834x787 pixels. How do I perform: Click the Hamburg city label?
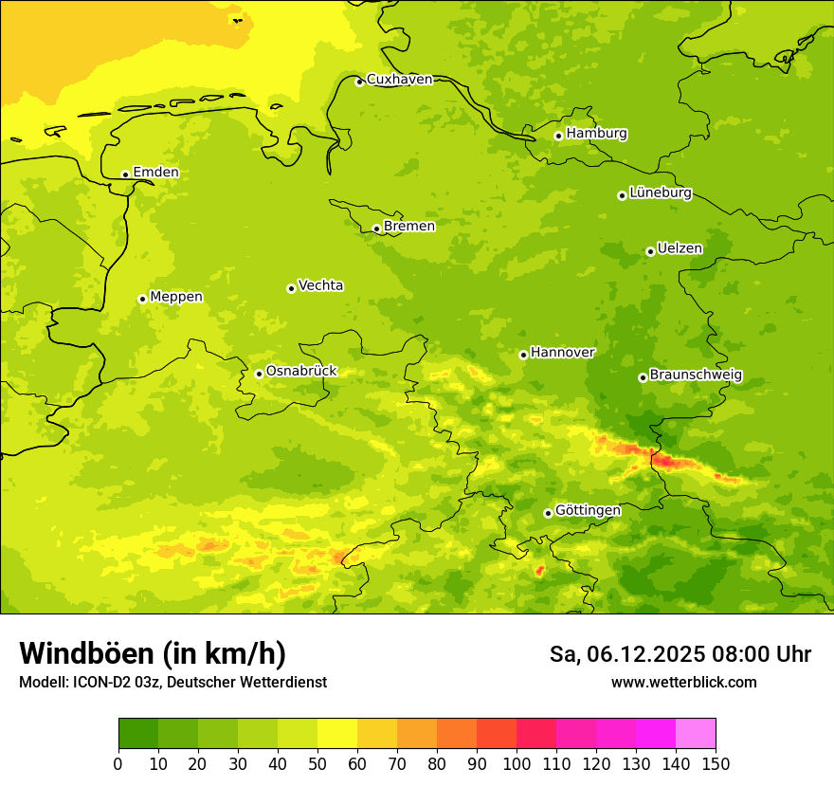click(x=596, y=134)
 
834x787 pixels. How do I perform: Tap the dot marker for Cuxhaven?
click(x=359, y=82)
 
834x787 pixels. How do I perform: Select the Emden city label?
click(x=155, y=173)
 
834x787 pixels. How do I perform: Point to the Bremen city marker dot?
click(x=376, y=229)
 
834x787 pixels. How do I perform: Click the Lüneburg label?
click(x=660, y=192)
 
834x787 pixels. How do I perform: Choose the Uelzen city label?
click(x=680, y=248)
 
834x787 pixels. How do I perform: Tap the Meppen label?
click(x=176, y=297)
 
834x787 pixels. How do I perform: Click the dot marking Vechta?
click(x=291, y=288)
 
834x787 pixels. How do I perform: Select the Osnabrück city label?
click(x=301, y=371)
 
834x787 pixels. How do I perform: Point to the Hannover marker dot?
click(x=523, y=355)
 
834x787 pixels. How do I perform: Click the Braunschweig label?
click(x=696, y=375)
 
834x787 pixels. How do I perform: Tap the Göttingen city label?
click(x=588, y=510)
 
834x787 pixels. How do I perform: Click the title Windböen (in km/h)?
click(x=153, y=653)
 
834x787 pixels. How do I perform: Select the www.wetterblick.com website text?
click(x=683, y=682)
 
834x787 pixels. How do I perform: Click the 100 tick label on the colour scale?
click(x=517, y=763)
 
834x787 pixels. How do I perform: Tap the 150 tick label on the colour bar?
click(x=716, y=763)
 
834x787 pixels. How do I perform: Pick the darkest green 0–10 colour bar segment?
click(x=138, y=734)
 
